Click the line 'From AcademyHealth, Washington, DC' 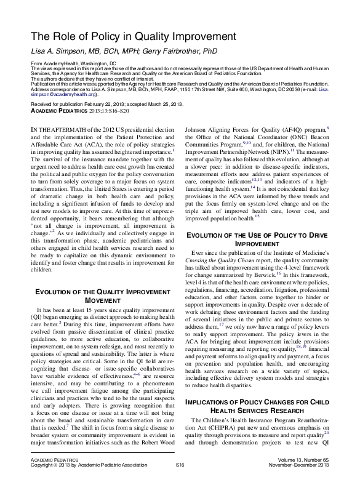coord(73,63)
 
